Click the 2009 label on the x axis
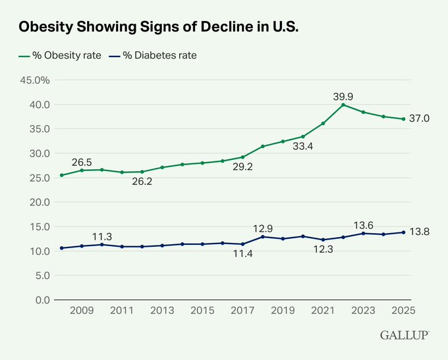(x=82, y=311)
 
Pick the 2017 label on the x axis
(x=242, y=311)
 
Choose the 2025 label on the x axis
(x=403, y=311)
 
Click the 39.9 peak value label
(x=344, y=96)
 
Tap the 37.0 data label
(x=420, y=118)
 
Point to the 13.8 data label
(x=420, y=232)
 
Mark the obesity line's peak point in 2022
(x=343, y=105)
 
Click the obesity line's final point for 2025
(x=403, y=119)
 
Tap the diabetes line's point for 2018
(x=263, y=236)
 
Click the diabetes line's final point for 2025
(x=403, y=232)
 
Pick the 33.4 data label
(x=303, y=146)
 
